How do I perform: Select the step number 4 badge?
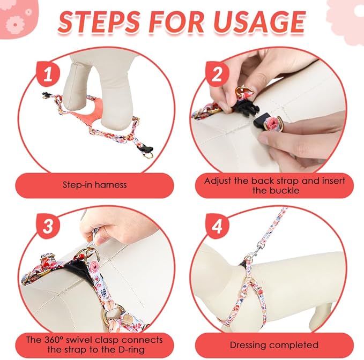(217, 227)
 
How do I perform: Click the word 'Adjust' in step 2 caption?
(220, 181)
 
